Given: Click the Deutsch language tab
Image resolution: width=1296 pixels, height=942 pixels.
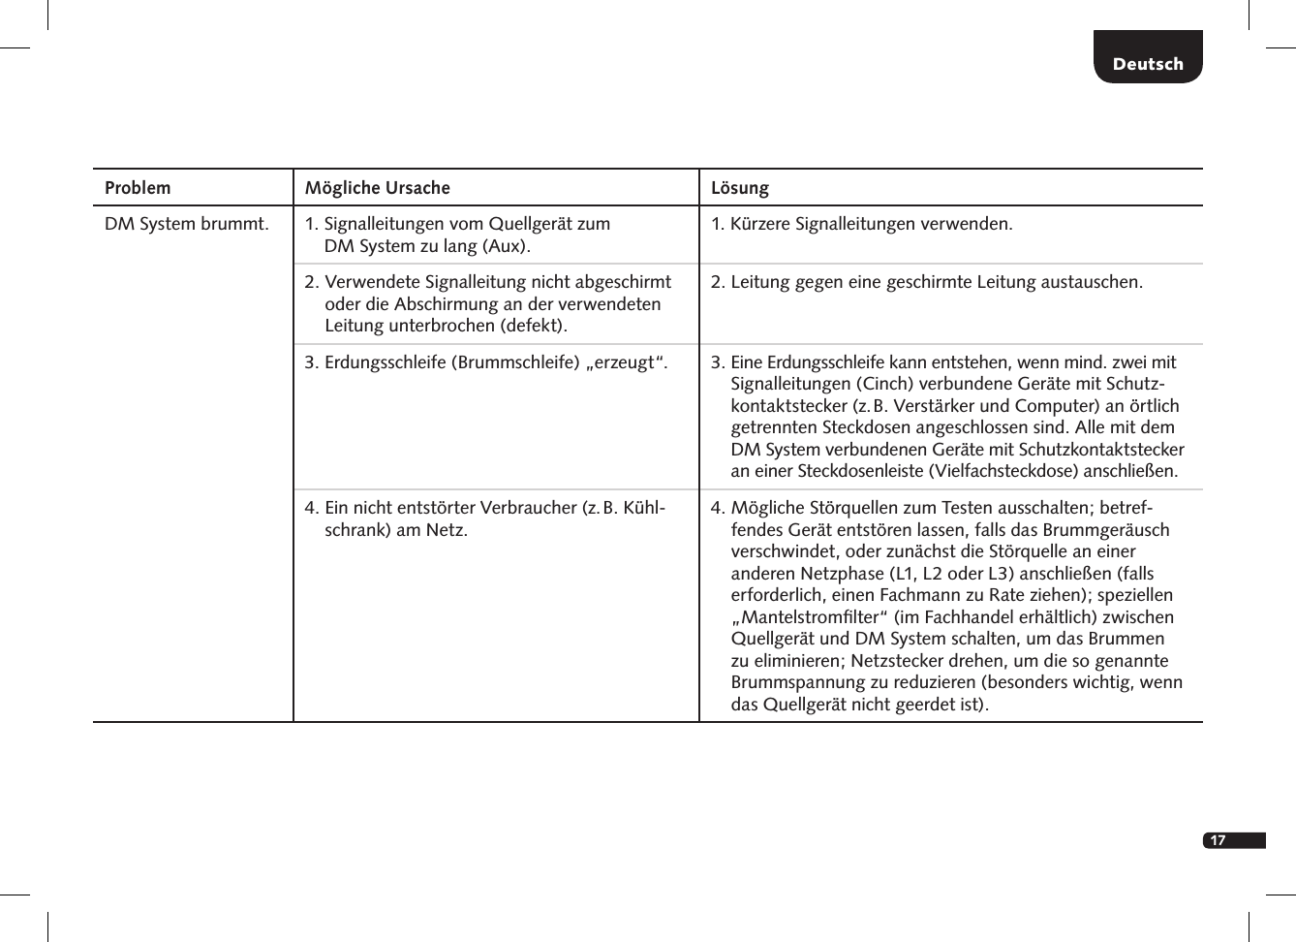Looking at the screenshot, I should click(1148, 64).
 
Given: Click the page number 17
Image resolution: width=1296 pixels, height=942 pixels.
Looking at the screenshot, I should click(1218, 840).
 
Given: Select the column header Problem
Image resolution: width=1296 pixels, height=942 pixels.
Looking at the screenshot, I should click(138, 188).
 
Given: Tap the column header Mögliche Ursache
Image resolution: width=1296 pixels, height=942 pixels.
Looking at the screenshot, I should click(378, 188).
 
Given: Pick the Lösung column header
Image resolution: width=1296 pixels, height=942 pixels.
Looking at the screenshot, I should click(740, 188).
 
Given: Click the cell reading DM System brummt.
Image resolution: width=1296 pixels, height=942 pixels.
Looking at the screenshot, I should click(187, 224).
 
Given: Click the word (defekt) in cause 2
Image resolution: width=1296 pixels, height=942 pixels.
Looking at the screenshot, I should click(533, 326).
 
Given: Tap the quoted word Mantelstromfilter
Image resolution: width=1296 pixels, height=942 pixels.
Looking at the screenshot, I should click(810, 617).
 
